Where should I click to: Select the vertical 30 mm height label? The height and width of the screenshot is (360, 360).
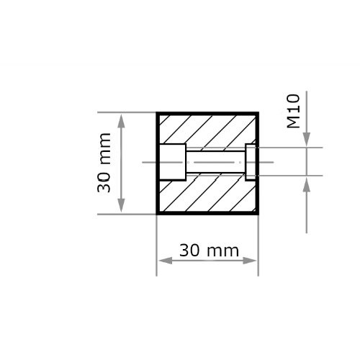tap(105, 163)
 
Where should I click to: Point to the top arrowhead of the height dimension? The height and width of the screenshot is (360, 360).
tap(121, 119)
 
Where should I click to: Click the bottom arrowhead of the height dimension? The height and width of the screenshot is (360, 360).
tap(121, 207)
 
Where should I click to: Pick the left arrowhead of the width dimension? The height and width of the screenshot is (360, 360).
tap(163, 261)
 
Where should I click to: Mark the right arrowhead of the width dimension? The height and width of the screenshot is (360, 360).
tap(251, 261)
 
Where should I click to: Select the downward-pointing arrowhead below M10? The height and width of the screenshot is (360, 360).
tap(307, 141)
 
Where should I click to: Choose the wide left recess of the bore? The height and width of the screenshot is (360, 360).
tap(173, 162)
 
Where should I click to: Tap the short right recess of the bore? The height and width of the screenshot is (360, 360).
tap(251, 162)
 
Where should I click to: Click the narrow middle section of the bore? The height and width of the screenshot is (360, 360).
tap(215, 162)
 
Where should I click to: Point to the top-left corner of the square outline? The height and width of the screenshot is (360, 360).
tap(158, 112)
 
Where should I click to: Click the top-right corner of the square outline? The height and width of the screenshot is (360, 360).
tap(258, 112)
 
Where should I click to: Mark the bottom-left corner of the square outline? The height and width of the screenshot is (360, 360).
tap(158, 213)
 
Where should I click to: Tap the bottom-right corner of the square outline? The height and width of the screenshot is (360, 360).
tap(258, 213)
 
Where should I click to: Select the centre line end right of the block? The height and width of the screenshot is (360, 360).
tap(272, 162)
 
